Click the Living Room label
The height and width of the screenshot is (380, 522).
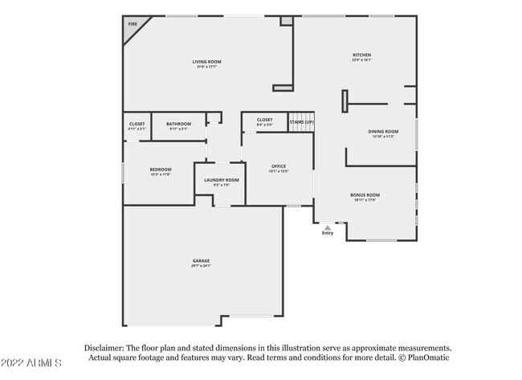click(x=206, y=62)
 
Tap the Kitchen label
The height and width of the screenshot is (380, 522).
click(x=361, y=55)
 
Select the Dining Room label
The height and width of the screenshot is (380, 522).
click(x=383, y=131)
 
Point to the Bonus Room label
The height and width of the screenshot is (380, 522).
click(x=365, y=194)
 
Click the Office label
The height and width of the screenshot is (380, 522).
click(x=278, y=165)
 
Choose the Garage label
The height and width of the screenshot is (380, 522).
click(x=201, y=260)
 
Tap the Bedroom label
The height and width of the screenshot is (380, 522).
click(x=160, y=169)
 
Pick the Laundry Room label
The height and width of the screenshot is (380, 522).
click(x=221, y=180)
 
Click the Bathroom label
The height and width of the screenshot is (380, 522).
click(x=178, y=124)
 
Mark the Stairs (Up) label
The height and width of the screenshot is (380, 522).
click(x=301, y=122)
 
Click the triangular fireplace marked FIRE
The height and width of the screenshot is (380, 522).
click(x=132, y=24)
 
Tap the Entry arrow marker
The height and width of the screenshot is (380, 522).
click(x=327, y=227)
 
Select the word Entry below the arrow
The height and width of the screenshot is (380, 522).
click(x=327, y=234)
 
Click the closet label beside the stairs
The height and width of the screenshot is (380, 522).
click(x=264, y=120)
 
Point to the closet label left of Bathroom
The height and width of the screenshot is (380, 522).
click(x=137, y=124)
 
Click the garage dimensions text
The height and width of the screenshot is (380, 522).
click(x=201, y=266)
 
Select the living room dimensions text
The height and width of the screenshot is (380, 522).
click(x=206, y=67)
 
